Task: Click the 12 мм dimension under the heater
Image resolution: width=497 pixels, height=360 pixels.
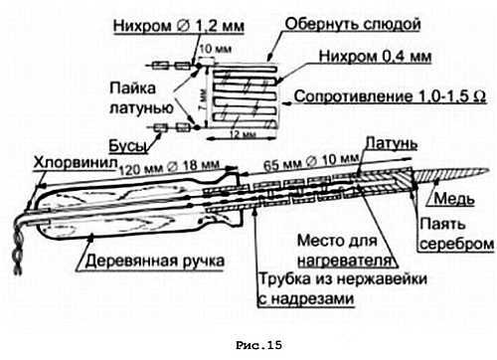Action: click(x=232, y=134)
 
